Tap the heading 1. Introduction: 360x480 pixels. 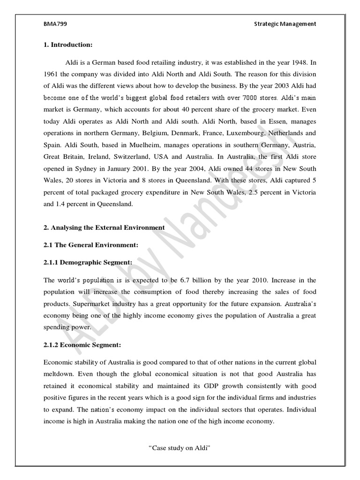[x=68, y=45]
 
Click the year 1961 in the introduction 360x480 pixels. [x=52, y=74]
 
